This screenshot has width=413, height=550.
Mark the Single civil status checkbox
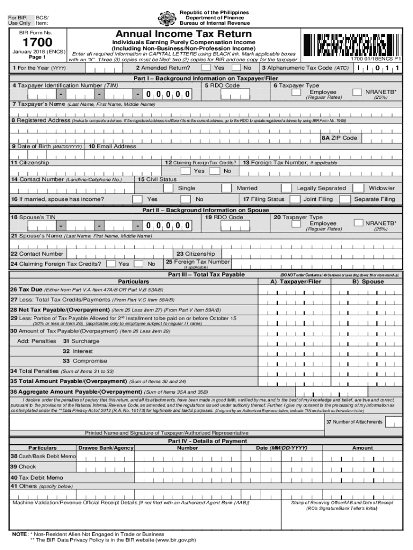click(168, 188)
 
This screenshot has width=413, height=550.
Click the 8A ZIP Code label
click(339, 138)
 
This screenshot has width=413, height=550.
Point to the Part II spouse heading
click(205, 210)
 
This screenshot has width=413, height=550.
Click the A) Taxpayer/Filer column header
click(296, 281)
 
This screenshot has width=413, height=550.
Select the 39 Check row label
click(24, 467)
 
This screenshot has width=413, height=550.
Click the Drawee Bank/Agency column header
click(106, 447)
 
